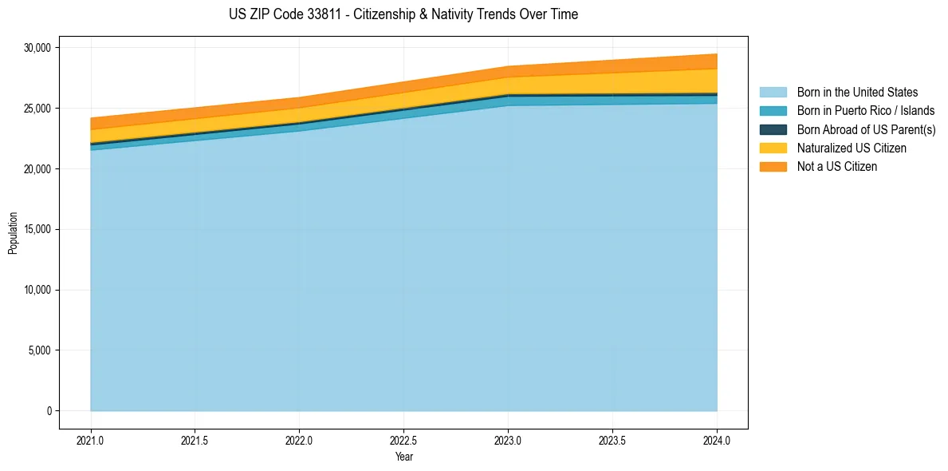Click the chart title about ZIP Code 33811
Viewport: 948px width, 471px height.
pyautogui.click(x=403, y=14)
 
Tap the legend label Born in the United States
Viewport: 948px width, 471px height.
pyautogui.click(x=857, y=93)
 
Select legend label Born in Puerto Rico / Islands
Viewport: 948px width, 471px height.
pyautogui.click(x=866, y=111)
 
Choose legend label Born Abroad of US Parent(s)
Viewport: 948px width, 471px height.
pyautogui.click(x=866, y=129)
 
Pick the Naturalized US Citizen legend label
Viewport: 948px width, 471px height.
pyautogui.click(x=852, y=148)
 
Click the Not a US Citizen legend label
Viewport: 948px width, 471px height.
pyautogui.click(x=837, y=166)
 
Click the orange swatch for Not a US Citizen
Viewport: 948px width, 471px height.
pyautogui.click(x=773, y=166)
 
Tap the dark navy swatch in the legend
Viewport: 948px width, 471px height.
pyautogui.click(x=773, y=129)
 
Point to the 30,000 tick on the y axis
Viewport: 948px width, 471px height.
pyautogui.click(x=37, y=48)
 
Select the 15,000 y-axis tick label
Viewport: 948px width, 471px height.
pyautogui.click(x=37, y=229)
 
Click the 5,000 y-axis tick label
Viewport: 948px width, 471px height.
pyautogui.click(x=40, y=350)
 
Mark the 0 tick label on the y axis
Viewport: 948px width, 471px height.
pyautogui.click(x=49, y=411)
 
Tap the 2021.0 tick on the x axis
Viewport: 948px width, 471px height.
pyautogui.click(x=90, y=440)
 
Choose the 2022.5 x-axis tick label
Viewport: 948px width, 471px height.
pyautogui.click(x=403, y=440)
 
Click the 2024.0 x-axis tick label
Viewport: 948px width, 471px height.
pyautogui.click(x=717, y=440)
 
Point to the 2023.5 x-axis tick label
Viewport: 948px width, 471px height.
pyautogui.click(x=612, y=440)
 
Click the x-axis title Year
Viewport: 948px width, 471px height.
pyautogui.click(x=403, y=457)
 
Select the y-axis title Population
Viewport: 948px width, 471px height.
pyautogui.click(x=13, y=233)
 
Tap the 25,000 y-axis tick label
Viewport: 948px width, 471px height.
pyautogui.click(x=37, y=109)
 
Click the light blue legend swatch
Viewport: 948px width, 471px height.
pyautogui.click(x=773, y=93)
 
